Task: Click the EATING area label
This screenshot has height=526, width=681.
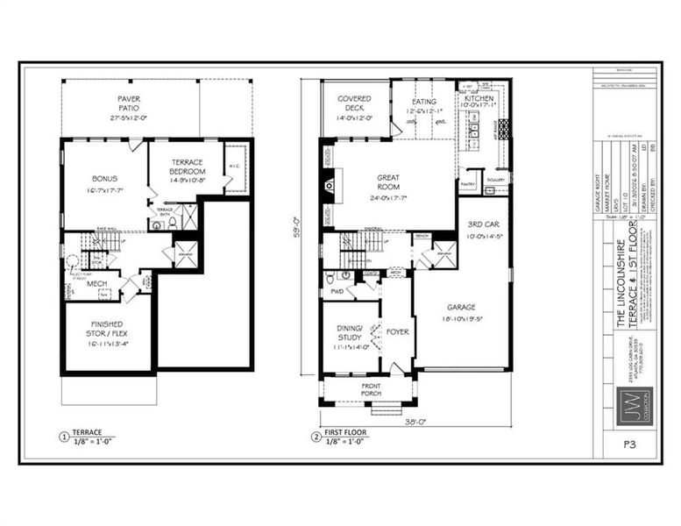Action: (424, 102)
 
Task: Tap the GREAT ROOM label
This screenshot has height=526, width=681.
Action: (388, 182)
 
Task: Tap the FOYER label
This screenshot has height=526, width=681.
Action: (397, 332)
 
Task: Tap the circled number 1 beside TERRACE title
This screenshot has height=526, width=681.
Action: (63, 437)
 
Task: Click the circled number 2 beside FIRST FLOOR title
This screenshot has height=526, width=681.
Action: (315, 437)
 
